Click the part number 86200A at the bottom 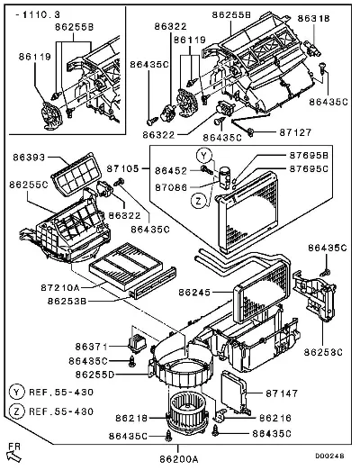click(179, 459)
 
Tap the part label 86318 click(313, 19)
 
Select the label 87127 click(295, 132)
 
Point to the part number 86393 click(29, 158)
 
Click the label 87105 click(123, 168)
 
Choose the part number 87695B click(309, 156)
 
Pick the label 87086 click(171, 187)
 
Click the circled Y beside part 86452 click(204, 156)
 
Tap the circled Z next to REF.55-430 click(16, 411)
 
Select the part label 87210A click(60, 288)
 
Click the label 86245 click(194, 293)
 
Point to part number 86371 click(91, 347)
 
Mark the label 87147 click(282, 393)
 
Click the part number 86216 click(275, 418)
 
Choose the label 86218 click(131, 418)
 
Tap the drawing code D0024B click(329, 456)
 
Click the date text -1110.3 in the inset click(38, 14)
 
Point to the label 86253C click(323, 352)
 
